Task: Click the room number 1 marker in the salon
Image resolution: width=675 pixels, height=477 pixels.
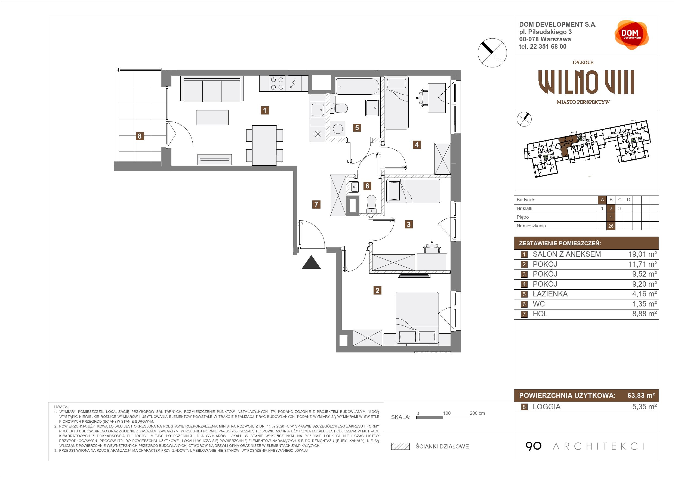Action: (265, 110)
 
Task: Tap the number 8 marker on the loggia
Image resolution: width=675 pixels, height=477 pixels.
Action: (140, 136)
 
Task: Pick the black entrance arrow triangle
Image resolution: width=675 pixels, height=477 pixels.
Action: (311, 262)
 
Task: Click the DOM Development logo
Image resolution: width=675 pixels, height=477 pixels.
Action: (631, 35)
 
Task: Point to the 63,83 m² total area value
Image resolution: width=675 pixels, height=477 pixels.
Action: (641, 396)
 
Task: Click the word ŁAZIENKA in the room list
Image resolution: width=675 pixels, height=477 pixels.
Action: (550, 294)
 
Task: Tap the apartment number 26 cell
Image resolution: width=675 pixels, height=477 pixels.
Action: (611, 226)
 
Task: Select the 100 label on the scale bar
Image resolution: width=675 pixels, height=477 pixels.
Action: (447, 413)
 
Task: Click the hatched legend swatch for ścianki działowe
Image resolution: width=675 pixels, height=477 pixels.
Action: (400, 447)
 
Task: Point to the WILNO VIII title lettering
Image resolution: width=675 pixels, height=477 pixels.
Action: (586, 82)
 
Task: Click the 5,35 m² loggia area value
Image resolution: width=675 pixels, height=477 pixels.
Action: (645, 407)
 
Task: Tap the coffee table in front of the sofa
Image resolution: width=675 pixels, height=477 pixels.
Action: (212, 117)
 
